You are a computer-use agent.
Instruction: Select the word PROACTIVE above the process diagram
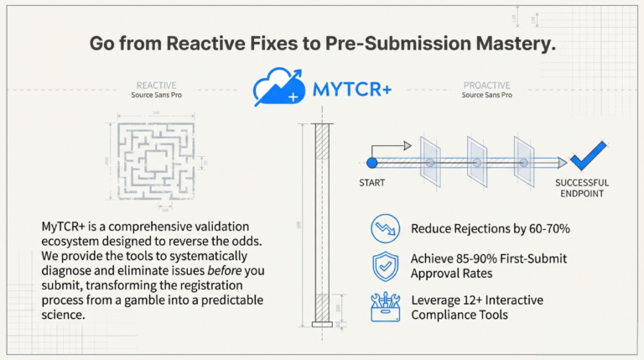487,85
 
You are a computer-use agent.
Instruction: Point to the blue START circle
371,162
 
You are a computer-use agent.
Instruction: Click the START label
372,184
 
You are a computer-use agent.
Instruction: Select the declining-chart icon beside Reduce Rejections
385,228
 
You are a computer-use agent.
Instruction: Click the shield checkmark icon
385,266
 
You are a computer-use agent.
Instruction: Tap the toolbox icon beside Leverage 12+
385,306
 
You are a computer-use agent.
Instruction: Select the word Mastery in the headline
514,44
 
